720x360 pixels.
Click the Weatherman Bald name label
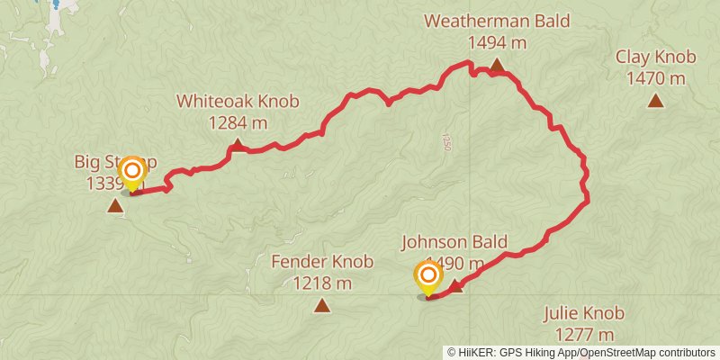coord(497,21)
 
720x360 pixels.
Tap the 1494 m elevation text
coord(497,42)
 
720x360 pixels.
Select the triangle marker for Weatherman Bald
coord(497,65)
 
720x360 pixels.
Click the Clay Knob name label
coord(656,58)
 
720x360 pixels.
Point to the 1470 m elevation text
coord(656,79)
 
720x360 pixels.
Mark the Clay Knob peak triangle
coord(656,101)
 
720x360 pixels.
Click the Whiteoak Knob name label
coord(238,102)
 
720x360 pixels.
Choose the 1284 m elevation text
coord(238,122)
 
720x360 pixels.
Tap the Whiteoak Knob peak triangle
coord(237,144)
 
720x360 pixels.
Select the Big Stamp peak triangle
coord(115,206)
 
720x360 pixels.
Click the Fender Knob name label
coord(322,262)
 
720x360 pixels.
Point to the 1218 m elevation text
coord(322,283)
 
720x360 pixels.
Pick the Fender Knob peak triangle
coord(322,305)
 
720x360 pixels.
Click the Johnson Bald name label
coord(454,241)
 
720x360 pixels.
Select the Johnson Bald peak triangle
coord(456,286)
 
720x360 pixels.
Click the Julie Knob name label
coord(583,314)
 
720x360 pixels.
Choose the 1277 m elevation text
coord(583,336)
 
